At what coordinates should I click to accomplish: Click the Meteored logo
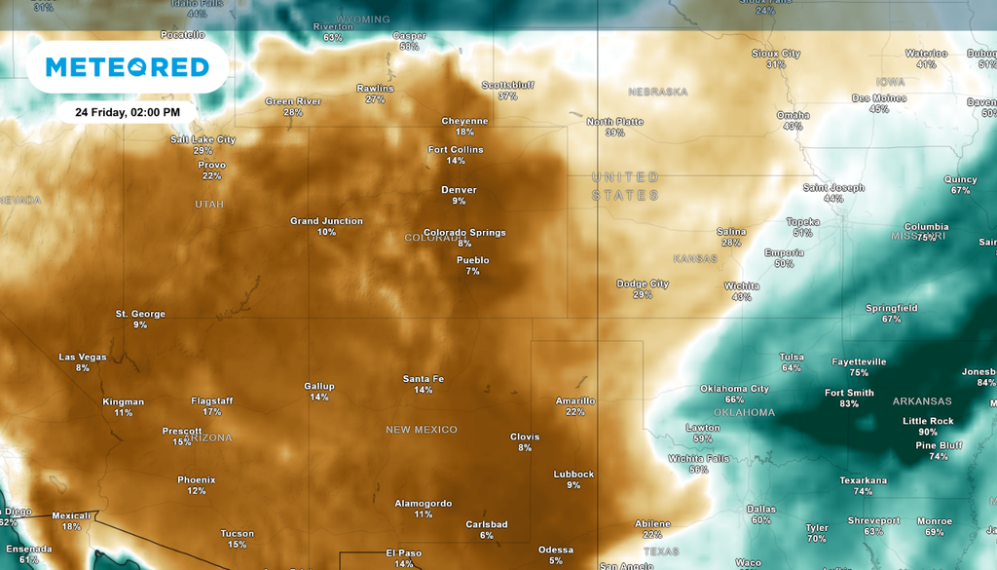(128, 67)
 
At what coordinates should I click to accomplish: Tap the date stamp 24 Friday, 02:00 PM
(128, 112)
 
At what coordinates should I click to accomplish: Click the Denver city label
(459, 190)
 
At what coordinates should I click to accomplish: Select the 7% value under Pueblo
(472, 271)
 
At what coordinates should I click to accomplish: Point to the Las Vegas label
(83, 357)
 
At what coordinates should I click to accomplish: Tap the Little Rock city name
(928, 421)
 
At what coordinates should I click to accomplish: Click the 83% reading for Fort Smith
(849, 403)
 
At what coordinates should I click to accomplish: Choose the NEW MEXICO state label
(421, 430)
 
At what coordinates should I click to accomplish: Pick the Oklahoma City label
(734, 389)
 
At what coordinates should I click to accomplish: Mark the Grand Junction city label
(326, 221)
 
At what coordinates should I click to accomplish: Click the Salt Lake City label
(203, 139)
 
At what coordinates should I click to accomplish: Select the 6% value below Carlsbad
(486, 535)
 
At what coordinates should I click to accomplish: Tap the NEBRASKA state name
(657, 92)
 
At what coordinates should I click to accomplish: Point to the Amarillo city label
(574, 400)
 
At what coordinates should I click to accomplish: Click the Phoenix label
(196, 479)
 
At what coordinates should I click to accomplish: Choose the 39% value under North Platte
(614, 133)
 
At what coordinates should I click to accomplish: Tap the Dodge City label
(643, 284)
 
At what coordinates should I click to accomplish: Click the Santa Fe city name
(424, 379)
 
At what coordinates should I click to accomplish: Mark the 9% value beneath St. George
(140, 324)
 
